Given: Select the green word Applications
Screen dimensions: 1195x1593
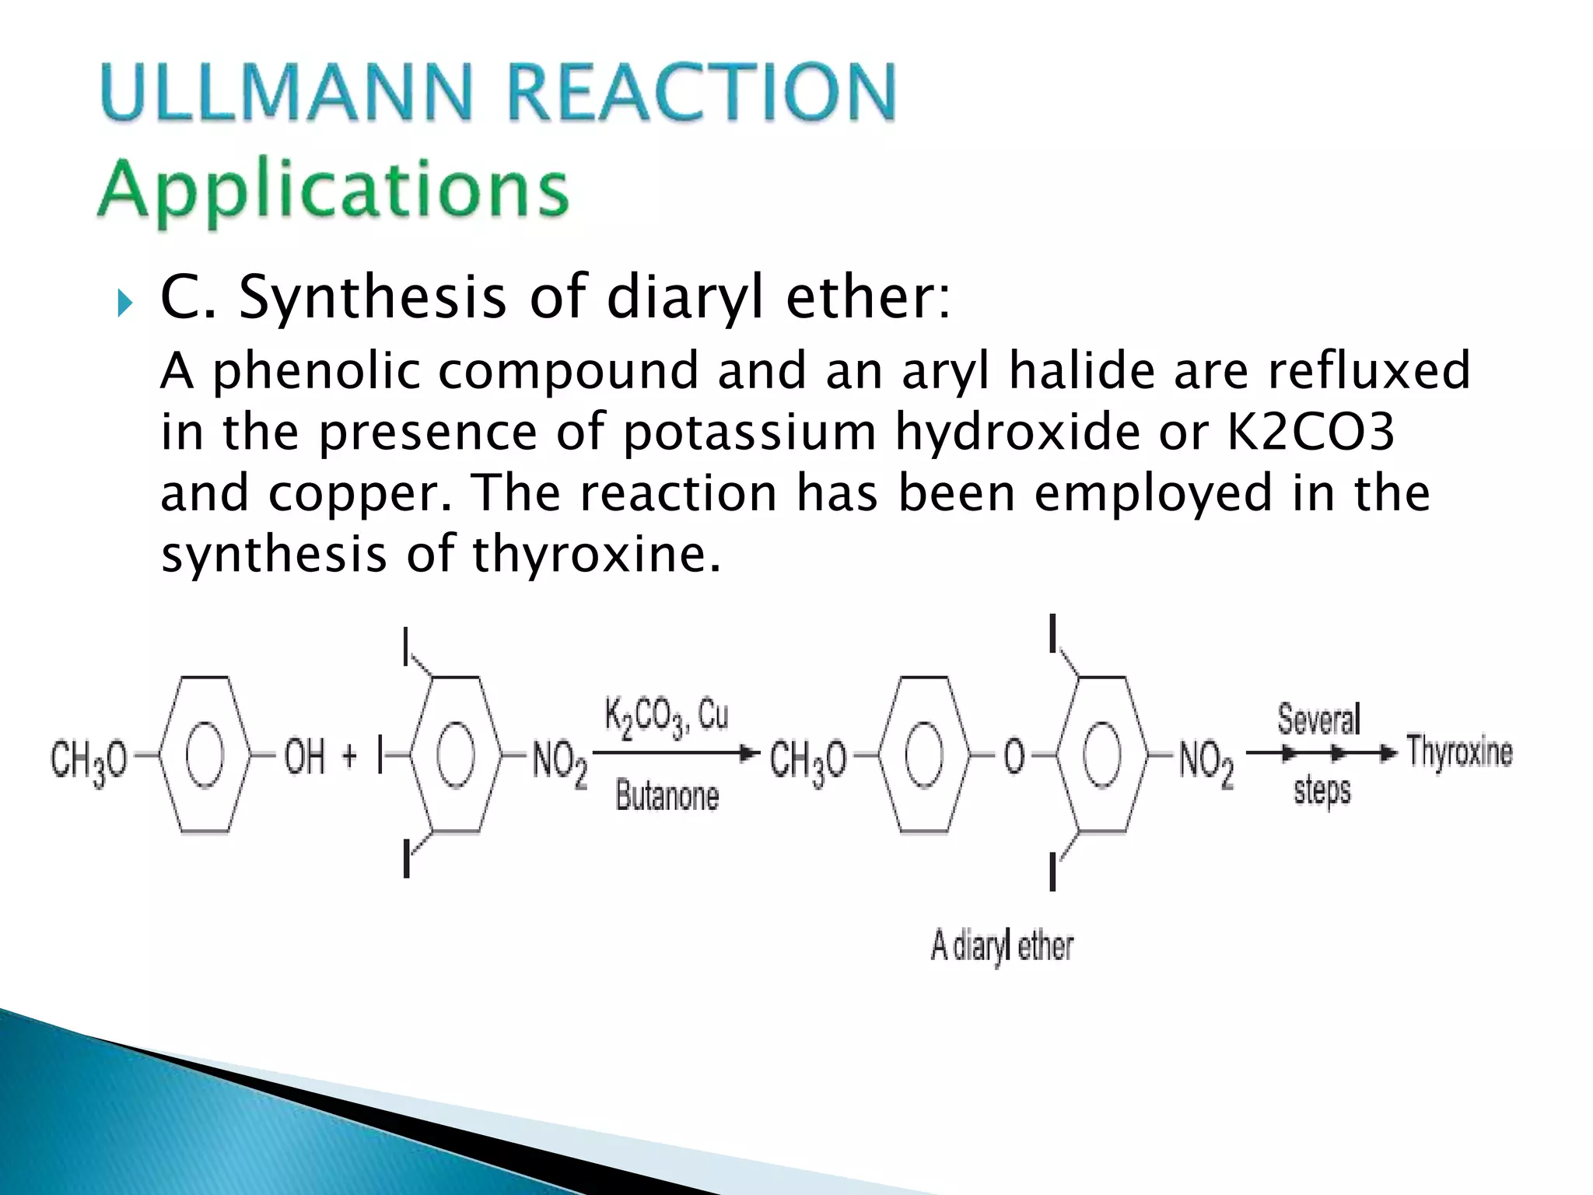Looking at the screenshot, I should (333, 191).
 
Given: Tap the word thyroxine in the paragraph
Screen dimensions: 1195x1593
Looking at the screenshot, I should (596, 554).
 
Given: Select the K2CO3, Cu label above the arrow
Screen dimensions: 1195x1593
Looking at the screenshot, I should (666, 716).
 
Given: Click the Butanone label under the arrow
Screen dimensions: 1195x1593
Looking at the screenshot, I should (667, 796).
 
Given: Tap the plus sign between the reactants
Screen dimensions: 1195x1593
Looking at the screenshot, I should (349, 755).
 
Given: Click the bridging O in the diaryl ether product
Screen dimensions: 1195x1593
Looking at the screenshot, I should (1014, 755).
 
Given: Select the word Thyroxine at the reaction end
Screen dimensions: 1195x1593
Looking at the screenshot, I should (1459, 752).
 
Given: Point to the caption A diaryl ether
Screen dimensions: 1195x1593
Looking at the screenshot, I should (1002, 946).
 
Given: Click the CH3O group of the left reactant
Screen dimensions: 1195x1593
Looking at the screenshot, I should (88, 759).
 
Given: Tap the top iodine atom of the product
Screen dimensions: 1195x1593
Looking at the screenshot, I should (1052, 635).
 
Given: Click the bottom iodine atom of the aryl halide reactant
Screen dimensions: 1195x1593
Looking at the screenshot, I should (406, 858).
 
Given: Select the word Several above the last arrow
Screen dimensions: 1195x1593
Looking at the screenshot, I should (1318, 719).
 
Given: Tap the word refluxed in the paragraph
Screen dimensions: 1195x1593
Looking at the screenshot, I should (1368, 370).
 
